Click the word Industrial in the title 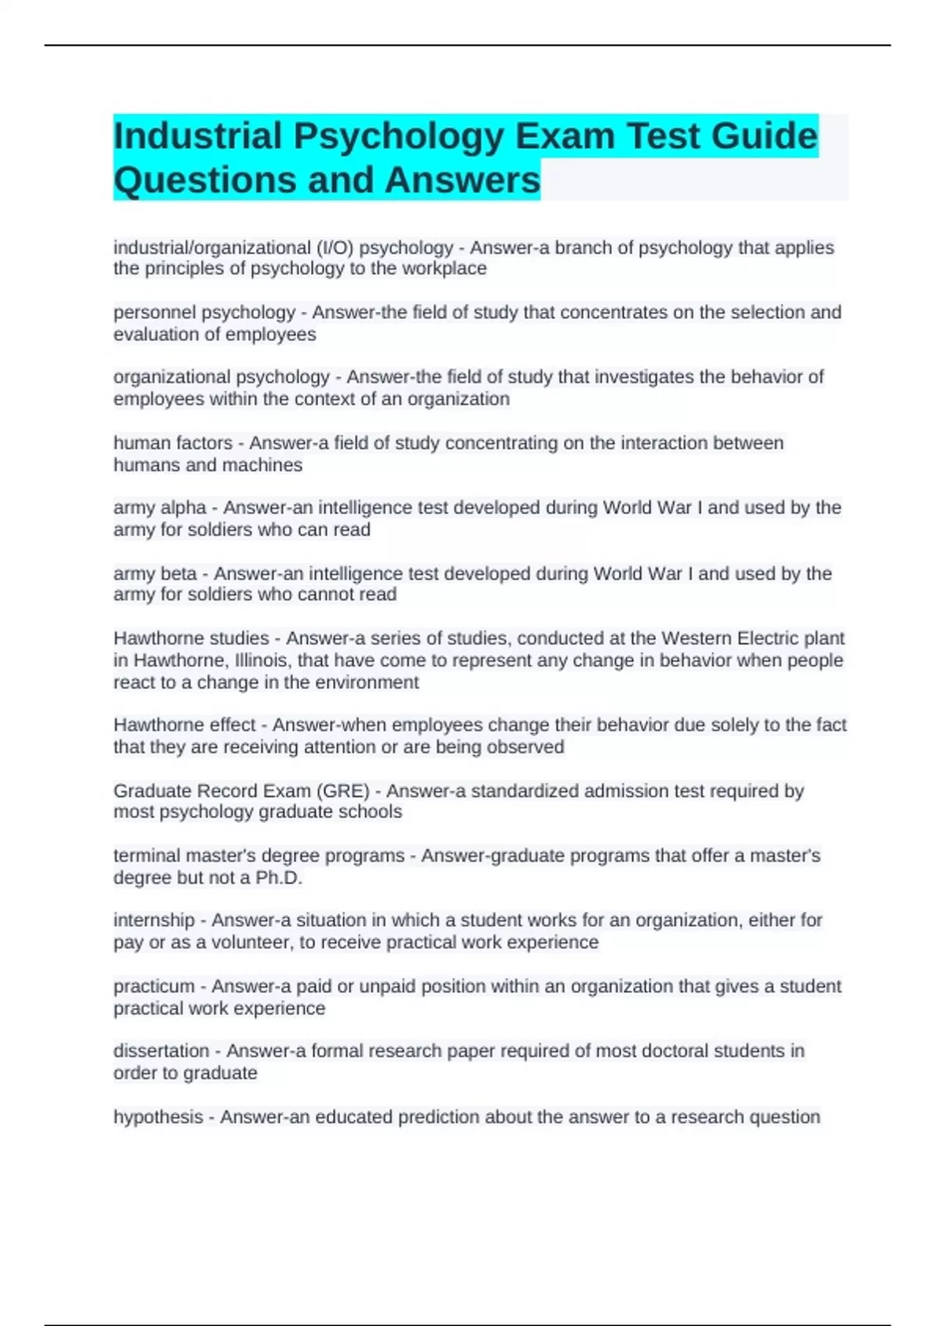pyautogui.click(x=197, y=136)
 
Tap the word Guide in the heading pyautogui.click(x=764, y=136)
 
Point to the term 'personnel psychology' pyautogui.click(x=204, y=313)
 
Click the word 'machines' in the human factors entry pyautogui.click(x=265, y=465)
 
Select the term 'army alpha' pyautogui.click(x=160, y=508)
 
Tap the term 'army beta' pyautogui.click(x=155, y=573)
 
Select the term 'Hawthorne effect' pyautogui.click(x=184, y=725)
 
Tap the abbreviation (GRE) pyautogui.click(x=342, y=791)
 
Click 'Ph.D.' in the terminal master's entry pyautogui.click(x=278, y=877)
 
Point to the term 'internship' pyautogui.click(x=154, y=920)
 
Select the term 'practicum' pyautogui.click(x=154, y=986)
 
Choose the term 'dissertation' pyautogui.click(x=161, y=1051)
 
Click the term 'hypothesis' pyautogui.click(x=158, y=1117)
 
